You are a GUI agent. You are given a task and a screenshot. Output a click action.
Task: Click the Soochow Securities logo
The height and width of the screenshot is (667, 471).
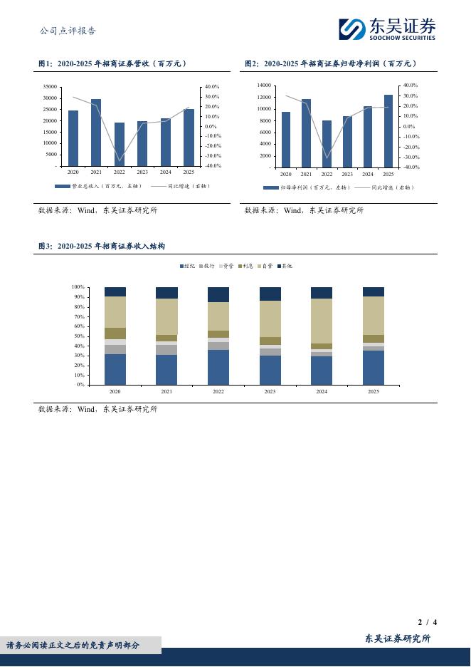click(x=386, y=29)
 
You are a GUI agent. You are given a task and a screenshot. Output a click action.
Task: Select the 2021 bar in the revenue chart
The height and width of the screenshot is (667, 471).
click(x=96, y=133)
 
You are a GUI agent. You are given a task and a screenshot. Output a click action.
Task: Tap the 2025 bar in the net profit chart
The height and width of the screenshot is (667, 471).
click(x=388, y=131)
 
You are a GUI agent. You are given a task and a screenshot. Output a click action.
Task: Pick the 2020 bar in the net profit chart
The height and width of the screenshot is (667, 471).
click(x=286, y=140)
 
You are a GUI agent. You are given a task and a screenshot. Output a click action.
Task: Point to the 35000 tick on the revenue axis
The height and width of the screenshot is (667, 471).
click(x=50, y=87)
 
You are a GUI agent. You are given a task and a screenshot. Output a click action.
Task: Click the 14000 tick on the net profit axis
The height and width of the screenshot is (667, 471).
click(x=263, y=86)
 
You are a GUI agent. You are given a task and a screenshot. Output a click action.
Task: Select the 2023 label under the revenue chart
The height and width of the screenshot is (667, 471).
click(x=142, y=172)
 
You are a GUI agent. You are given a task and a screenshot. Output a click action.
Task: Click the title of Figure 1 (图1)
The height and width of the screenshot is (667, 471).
click(x=112, y=64)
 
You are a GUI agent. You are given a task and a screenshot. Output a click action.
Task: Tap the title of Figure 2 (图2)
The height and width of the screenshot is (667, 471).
click(x=331, y=64)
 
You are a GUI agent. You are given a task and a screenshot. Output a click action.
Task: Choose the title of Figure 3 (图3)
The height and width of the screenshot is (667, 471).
click(x=102, y=246)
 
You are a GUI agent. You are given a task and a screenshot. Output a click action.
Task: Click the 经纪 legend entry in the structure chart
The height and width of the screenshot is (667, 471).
click(x=187, y=266)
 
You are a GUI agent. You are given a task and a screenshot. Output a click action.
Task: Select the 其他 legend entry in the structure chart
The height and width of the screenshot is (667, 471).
click(x=285, y=266)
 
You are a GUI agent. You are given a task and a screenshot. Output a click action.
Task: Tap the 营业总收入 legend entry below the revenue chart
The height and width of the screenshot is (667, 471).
click(x=98, y=186)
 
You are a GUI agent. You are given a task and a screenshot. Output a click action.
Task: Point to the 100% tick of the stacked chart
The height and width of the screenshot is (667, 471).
click(x=78, y=287)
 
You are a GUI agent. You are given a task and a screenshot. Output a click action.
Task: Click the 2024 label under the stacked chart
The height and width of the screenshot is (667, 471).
click(x=322, y=391)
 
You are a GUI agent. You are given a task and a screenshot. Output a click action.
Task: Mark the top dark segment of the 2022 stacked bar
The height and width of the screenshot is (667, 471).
click(x=218, y=294)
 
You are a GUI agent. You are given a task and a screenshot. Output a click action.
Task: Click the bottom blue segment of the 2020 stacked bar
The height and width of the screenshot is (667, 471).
click(x=115, y=369)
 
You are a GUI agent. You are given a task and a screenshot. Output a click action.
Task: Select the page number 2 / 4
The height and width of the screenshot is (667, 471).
click(x=427, y=622)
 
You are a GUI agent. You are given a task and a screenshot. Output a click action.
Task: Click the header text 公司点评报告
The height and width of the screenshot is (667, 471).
click(x=68, y=31)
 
